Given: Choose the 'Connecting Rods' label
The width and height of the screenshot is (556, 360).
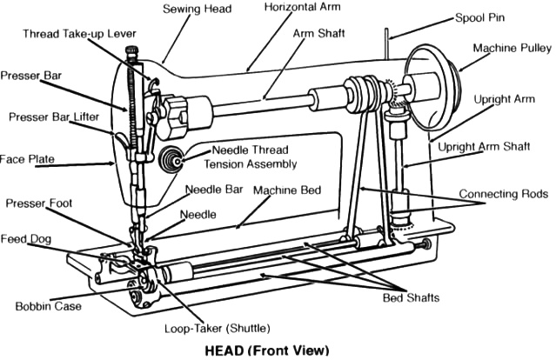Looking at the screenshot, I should point(504,193).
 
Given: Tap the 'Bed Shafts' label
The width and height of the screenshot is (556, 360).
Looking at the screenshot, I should point(412,298).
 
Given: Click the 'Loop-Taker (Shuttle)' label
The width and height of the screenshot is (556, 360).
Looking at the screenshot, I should point(218,330).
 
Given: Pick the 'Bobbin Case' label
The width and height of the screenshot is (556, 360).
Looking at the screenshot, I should point(49,306).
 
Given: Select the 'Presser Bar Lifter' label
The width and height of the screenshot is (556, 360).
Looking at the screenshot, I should point(54,117).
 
